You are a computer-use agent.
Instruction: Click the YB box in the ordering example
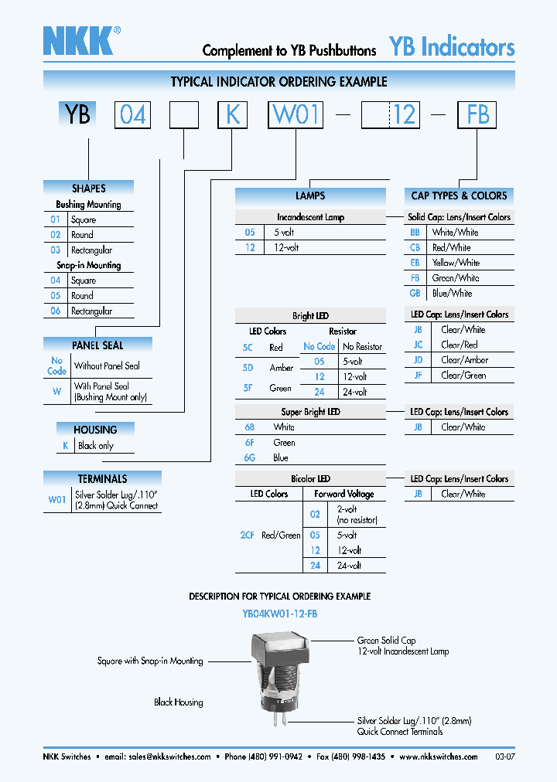(77, 115)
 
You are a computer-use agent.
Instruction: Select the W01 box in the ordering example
(296, 115)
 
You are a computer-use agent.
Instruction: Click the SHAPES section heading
(89, 188)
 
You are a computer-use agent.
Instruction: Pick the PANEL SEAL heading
(97, 345)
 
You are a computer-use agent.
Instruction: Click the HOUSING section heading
(95, 430)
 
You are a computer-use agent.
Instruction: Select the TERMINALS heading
(102, 478)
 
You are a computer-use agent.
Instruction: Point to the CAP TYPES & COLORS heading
(459, 195)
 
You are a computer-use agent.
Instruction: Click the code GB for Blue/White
(415, 293)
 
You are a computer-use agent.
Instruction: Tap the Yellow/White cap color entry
(456, 263)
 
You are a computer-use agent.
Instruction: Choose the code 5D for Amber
(248, 368)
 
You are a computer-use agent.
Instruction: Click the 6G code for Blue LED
(249, 457)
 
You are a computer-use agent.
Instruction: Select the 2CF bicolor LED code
(246, 535)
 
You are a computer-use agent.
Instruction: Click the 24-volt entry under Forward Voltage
(348, 566)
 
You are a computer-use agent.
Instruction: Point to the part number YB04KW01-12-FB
(279, 614)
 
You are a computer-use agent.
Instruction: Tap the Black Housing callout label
(179, 702)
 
